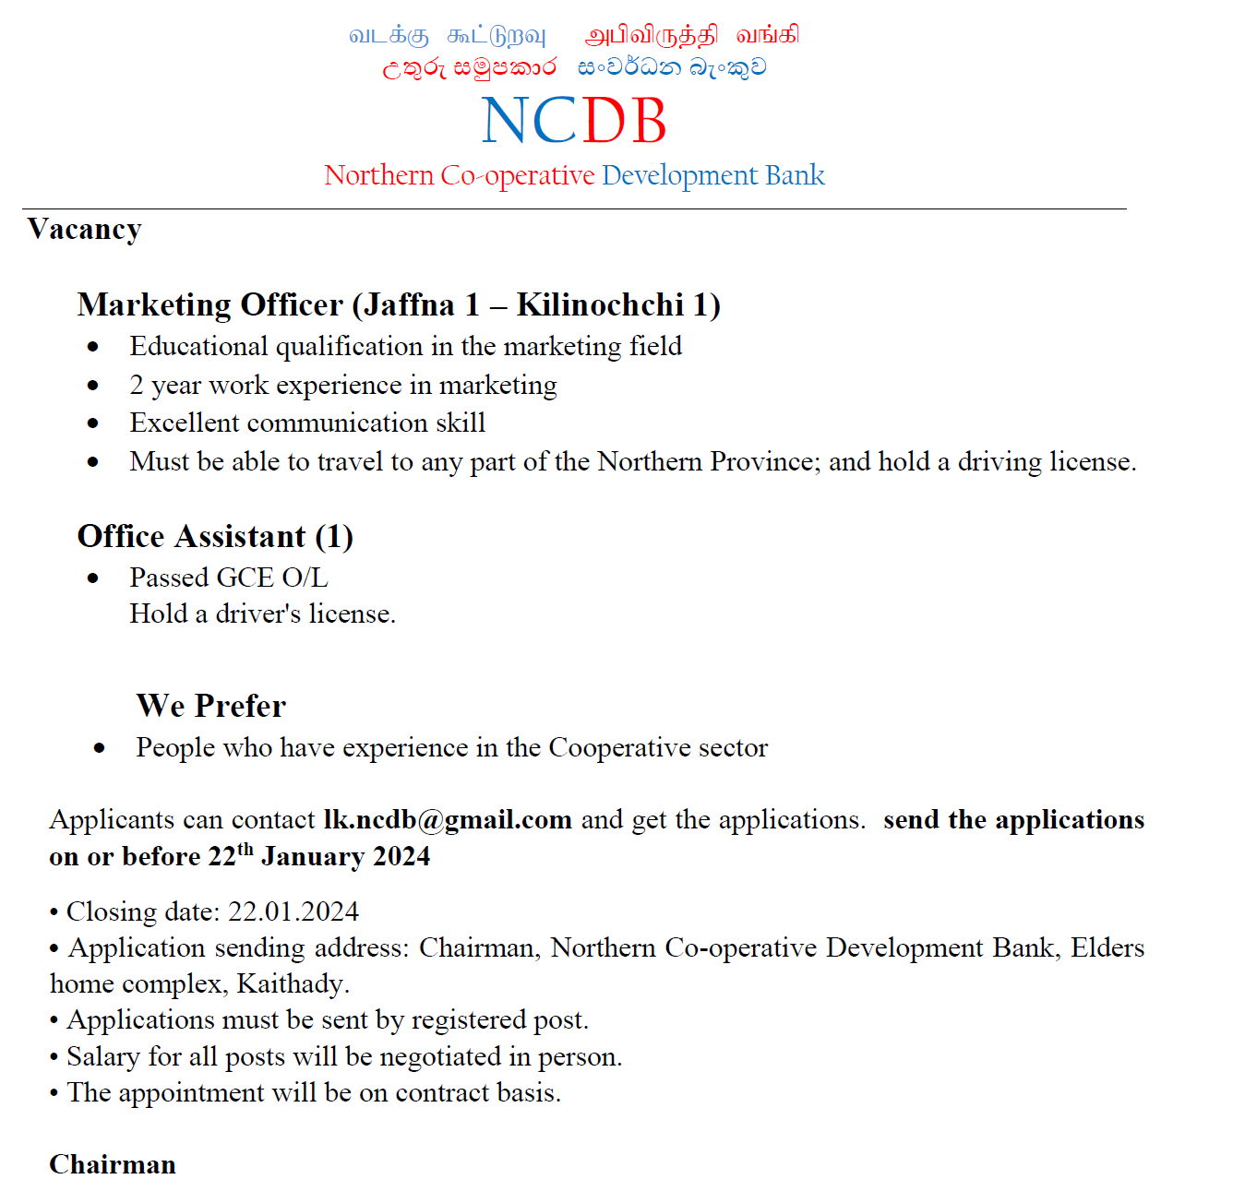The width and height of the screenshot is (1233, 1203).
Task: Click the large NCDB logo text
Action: pos(574,121)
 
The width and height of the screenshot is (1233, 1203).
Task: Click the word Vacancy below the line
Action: pos(85,229)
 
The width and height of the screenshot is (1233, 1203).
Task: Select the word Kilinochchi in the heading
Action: pos(600,304)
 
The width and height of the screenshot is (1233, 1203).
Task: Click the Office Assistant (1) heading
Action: pos(215,536)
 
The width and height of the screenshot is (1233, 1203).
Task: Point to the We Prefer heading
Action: pos(211,706)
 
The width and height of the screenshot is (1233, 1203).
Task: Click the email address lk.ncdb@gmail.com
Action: pos(448,819)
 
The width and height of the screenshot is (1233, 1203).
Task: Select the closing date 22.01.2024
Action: pos(293,911)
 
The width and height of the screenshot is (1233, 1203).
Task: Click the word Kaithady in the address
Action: pos(291,983)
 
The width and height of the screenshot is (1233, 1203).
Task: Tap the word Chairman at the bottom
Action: pos(113,1164)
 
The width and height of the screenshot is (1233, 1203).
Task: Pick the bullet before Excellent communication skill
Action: pos(92,423)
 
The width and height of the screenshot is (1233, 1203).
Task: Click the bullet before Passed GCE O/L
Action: pos(92,578)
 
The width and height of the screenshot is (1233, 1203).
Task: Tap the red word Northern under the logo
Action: pos(378,175)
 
